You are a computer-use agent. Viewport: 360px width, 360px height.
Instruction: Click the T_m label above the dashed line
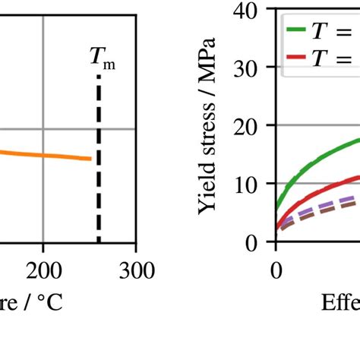tap(103, 57)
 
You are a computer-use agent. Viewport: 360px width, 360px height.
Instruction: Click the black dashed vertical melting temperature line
tap(99, 152)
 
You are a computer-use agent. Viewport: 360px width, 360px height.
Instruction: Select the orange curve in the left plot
tap(46, 155)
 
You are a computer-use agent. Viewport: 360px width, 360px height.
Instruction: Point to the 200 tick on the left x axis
tap(43, 270)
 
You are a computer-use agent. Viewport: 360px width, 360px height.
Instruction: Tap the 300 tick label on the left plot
tap(135, 270)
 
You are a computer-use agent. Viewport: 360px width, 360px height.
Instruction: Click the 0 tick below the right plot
tap(276, 270)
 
